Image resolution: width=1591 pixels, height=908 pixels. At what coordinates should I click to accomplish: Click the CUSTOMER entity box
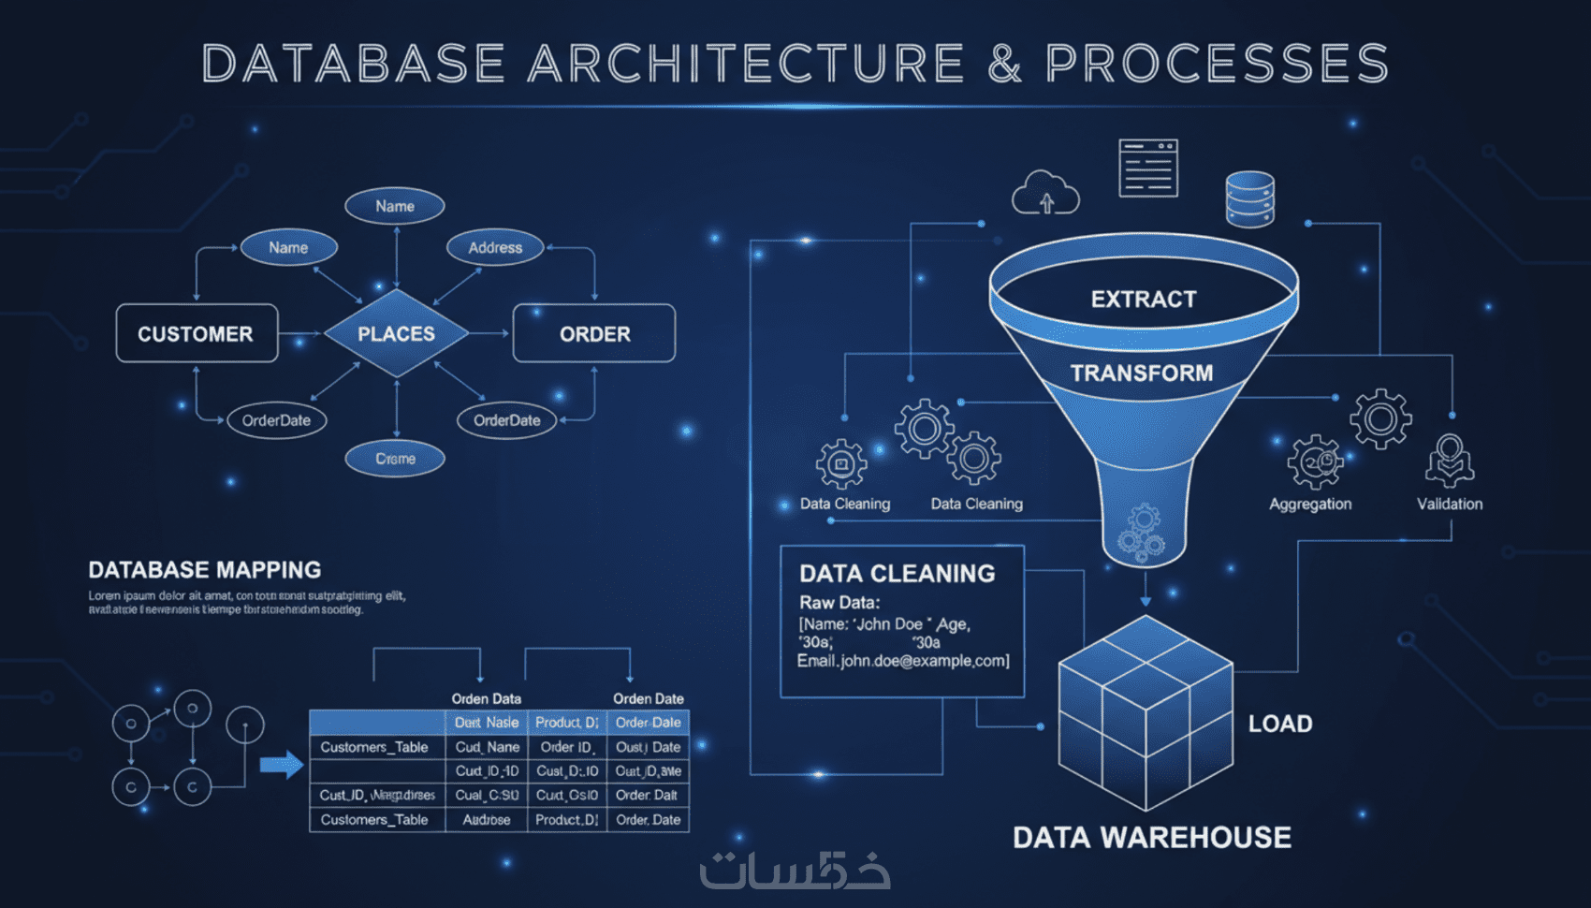coord(196,333)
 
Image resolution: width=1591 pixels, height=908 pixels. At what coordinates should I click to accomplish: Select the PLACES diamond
coord(396,333)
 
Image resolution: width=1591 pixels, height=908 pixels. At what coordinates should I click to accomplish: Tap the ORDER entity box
coord(594,333)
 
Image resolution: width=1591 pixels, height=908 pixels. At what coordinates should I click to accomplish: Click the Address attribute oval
coord(495,247)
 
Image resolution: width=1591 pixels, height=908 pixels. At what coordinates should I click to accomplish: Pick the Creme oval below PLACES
coord(395,459)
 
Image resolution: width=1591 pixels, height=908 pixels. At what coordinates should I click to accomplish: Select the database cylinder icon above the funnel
coord(1249,199)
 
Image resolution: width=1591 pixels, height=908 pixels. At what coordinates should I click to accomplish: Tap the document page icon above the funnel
coord(1148,168)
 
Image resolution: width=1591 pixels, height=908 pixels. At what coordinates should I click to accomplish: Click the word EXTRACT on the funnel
coord(1144,300)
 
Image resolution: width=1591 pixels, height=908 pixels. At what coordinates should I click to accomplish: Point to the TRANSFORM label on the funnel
coord(1142,373)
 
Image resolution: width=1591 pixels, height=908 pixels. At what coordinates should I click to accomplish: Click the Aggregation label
coord(1310,504)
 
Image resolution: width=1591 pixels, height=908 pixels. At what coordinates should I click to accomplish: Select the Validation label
coord(1450,504)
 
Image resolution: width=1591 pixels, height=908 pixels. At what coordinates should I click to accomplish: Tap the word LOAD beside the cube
coord(1280,724)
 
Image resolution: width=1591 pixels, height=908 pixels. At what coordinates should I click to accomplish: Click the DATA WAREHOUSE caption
coord(1152,837)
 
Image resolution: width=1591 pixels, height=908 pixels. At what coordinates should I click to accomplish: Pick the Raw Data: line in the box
coord(839,602)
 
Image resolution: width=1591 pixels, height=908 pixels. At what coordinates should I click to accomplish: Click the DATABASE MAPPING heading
coord(205,570)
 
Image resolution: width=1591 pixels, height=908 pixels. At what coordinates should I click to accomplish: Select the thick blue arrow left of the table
coord(281,766)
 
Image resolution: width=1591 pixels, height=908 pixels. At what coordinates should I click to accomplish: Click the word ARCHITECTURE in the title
coord(746,64)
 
